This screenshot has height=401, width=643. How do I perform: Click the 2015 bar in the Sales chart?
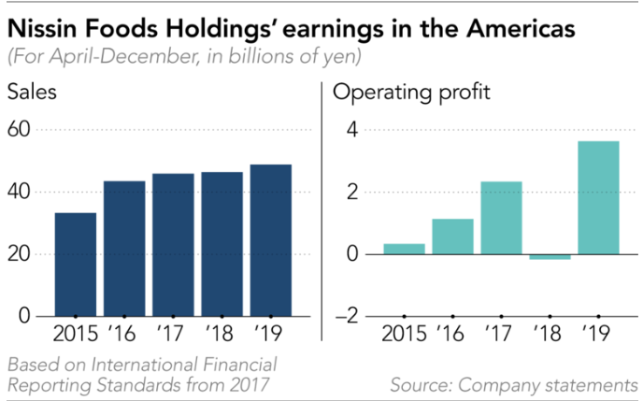point(76,265)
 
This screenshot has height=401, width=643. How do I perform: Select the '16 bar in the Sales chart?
point(124,249)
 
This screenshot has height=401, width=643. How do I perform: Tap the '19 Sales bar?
point(271,240)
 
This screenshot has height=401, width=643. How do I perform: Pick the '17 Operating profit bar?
point(502,218)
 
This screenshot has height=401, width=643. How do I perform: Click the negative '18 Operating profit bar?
point(550,257)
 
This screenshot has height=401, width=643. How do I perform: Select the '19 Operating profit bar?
point(599,197)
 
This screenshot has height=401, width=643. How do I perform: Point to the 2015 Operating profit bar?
point(405,249)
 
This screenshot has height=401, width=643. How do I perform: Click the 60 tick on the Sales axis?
point(19,130)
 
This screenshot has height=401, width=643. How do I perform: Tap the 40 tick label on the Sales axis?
point(19,192)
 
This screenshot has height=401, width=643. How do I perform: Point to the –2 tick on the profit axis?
point(346,316)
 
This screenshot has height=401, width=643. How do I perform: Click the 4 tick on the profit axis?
point(352,130)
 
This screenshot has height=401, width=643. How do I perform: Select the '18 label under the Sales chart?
point(220,333)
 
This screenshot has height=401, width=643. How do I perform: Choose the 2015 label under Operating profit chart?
point(405,333)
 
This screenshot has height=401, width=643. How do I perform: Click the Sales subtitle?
point(32,92)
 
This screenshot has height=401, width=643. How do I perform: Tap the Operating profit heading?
point(411,93)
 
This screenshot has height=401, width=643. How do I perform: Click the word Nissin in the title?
point(42,29)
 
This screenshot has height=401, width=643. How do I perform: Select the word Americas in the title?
point(521,29)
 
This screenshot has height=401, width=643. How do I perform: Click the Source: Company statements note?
point(514,385)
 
